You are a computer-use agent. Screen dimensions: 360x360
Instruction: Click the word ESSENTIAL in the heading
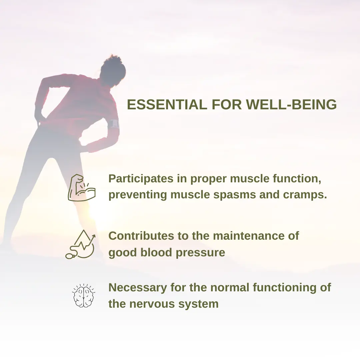[167, 104]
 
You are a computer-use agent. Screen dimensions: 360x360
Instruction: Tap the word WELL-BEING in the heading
[291, 104]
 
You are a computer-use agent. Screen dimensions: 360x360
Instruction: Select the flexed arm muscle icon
[82, 188]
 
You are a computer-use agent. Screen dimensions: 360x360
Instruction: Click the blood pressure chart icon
[81, 244]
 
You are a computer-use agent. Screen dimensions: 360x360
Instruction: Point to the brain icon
[84, 295]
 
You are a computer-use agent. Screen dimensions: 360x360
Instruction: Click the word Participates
[141, 179]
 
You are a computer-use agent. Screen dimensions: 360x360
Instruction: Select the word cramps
[305, 195]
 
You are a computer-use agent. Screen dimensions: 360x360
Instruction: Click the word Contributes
[141, 236]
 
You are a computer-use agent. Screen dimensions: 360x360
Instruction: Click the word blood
[156, 252]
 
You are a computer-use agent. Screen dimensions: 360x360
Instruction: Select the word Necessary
[138, 288]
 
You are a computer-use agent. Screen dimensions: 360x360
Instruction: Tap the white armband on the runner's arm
[114, 124]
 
